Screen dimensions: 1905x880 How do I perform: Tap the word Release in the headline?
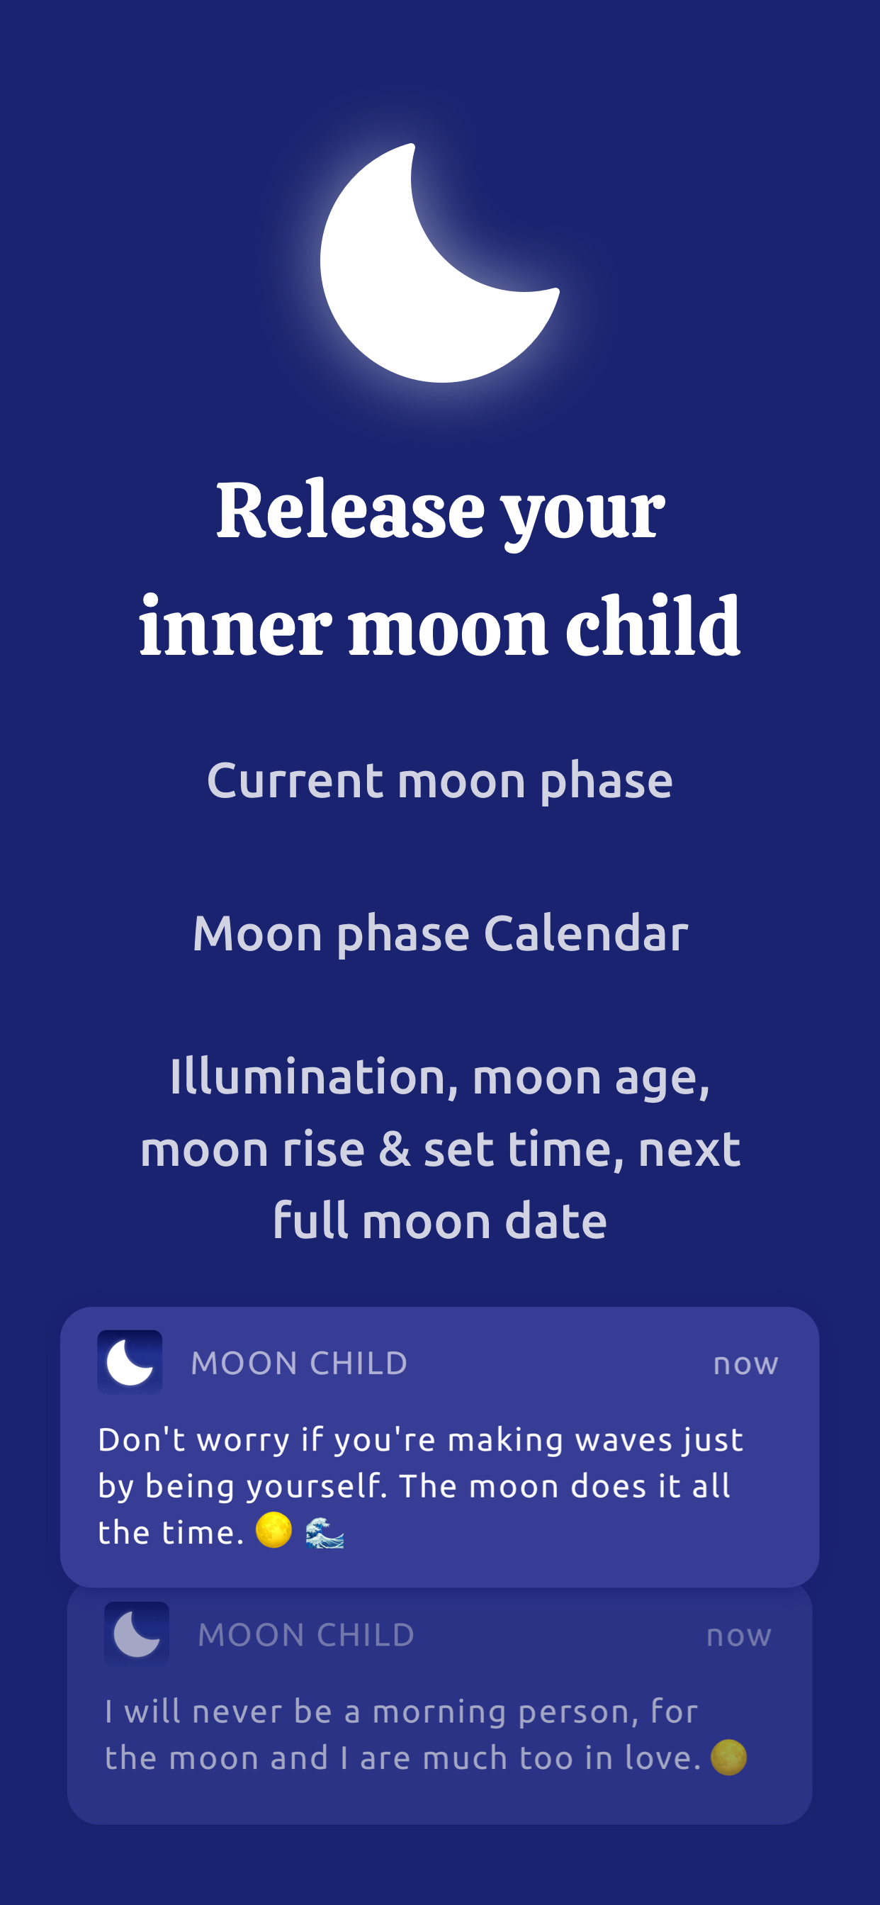(351, 511)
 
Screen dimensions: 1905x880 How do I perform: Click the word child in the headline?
(653, 628)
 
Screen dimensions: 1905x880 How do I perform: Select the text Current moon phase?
(440, 781)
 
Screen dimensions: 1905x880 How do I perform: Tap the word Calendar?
(586, 933)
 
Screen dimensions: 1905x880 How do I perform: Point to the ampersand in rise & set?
(394, 1150)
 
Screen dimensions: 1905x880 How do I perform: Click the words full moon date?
(440, 1221)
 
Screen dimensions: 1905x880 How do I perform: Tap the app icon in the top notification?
(130, 1362)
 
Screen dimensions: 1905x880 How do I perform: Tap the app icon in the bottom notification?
(137, 1634)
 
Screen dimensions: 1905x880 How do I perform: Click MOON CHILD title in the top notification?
(300, 1363)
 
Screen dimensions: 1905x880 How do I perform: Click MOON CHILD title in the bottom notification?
(306, 1634)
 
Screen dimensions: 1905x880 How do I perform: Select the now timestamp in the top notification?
(745, 1364)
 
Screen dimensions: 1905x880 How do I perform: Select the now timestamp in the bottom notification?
(739, 1635)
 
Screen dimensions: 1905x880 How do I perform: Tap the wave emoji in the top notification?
(325, 1532)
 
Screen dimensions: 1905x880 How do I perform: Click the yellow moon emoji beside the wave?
(273, 1530)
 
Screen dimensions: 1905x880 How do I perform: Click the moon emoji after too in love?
(728, 1757)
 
